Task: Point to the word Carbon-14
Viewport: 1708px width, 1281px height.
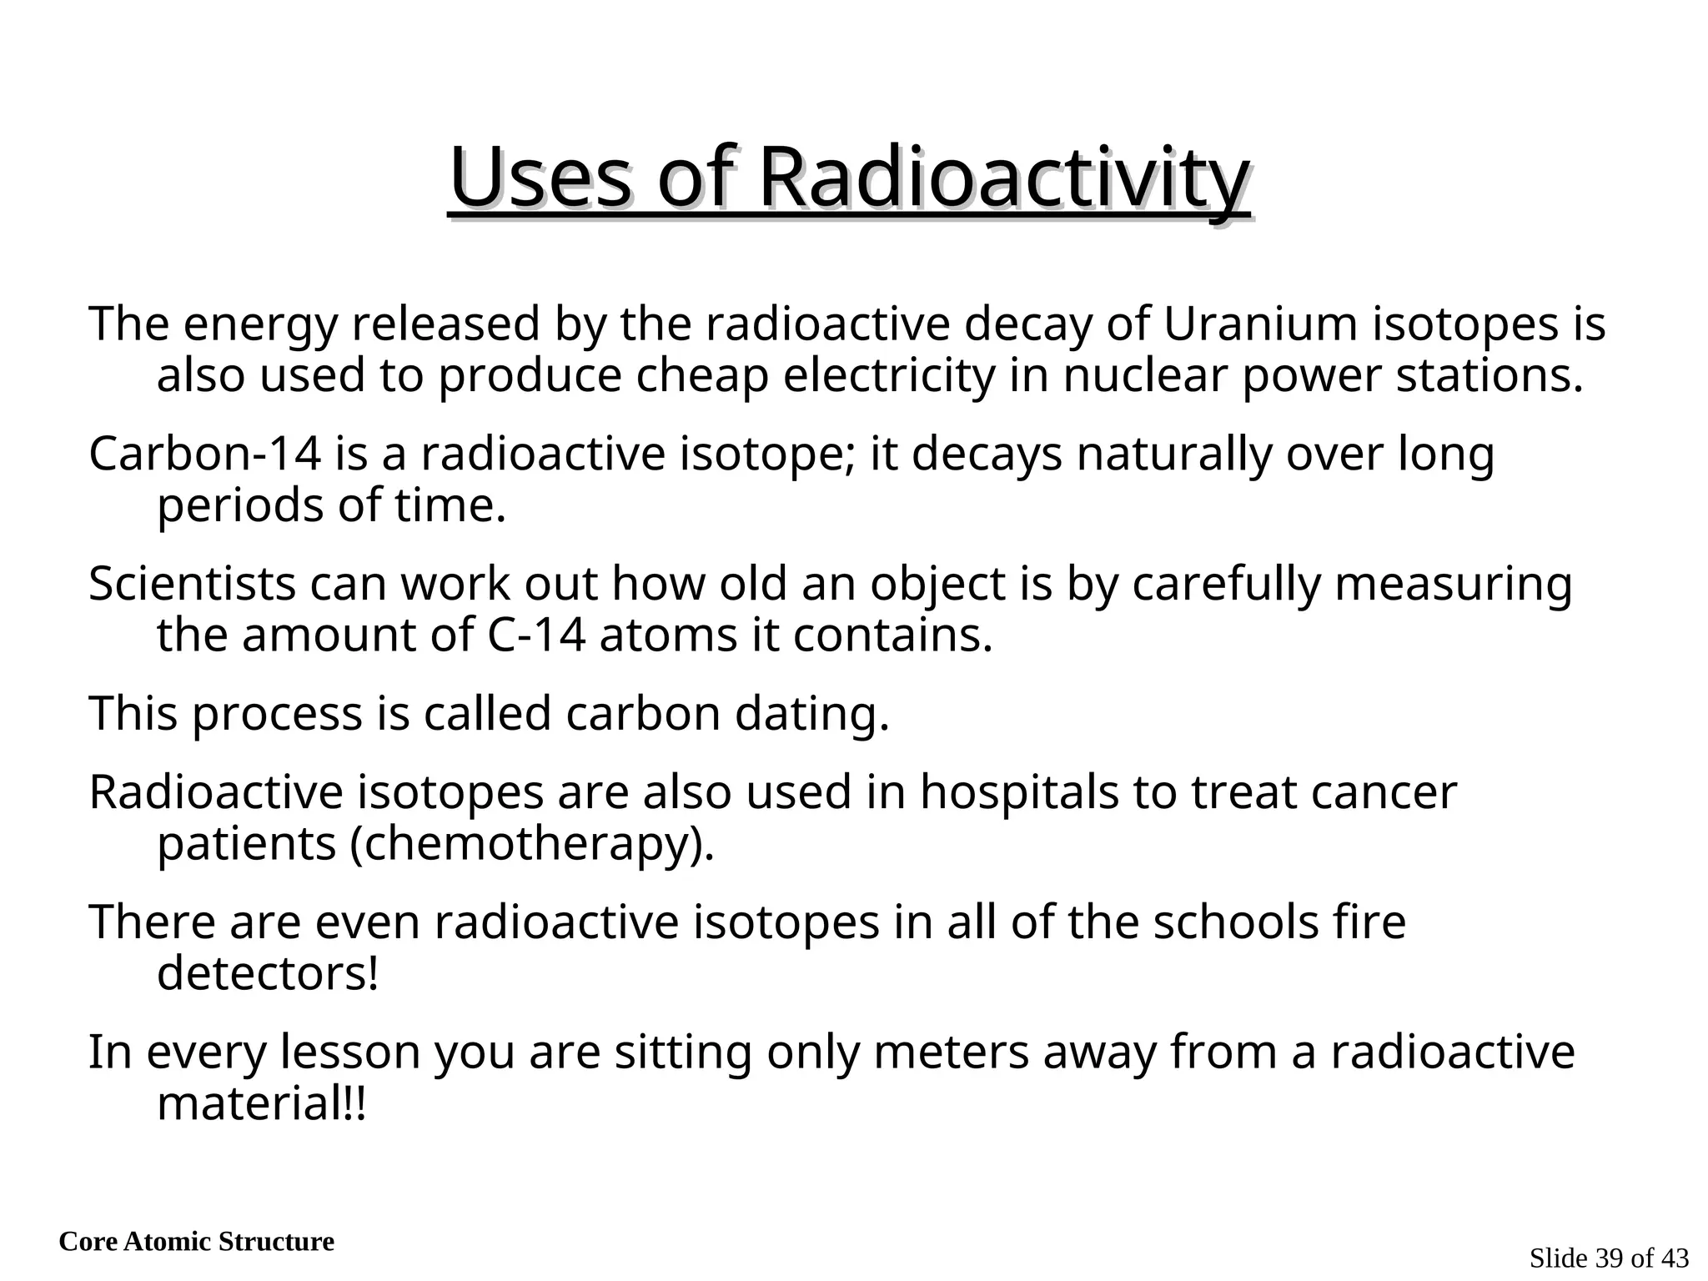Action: pos(205,455)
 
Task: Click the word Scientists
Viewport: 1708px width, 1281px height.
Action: pos(192,584)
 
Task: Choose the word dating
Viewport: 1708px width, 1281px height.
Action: pos(811,715)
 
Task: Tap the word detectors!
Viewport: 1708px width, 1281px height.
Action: pos(268,974)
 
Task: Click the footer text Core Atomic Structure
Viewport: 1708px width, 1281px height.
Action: pos(197,1242)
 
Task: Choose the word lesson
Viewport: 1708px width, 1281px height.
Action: pos(349,1052)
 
